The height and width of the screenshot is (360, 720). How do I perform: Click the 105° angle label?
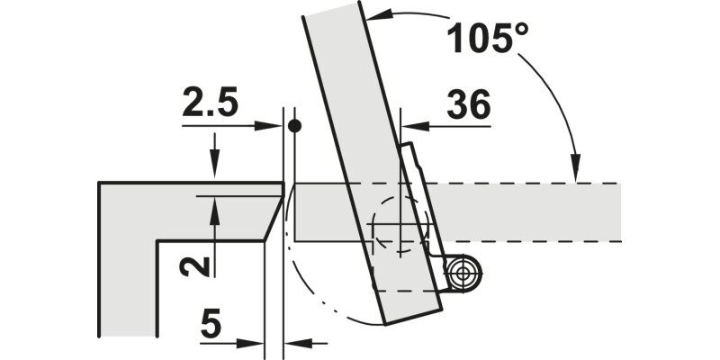pos(488,38)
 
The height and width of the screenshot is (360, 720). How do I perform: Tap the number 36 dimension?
pos(468,104)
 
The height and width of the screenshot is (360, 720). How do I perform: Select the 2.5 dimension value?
pos(211,101)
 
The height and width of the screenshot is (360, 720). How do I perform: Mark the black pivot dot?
pos(294,125)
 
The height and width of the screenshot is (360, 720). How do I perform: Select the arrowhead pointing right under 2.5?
pos(268,126)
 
